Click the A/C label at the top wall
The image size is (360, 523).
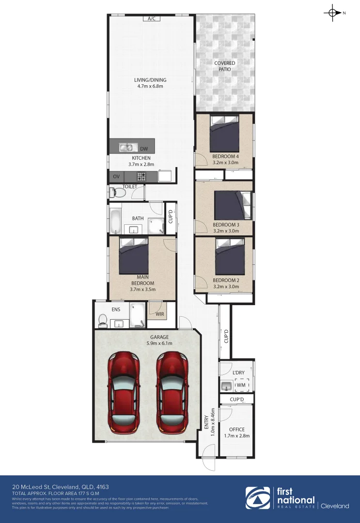coord(151,19)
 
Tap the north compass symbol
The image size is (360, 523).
coord(333,13)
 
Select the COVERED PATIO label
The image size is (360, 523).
coord(224,66)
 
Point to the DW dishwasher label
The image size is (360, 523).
coord(144,149)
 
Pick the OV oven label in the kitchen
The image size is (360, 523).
coord(116,177)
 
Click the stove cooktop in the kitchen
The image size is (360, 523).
coord(141,177)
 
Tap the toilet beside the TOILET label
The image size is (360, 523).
coord(118,193)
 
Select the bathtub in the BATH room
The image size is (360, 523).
coord(116,220)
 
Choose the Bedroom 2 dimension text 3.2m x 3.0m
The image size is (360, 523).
coord(226,287)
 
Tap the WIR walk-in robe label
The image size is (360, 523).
coord(159,314)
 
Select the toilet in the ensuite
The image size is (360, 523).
coord(102,320)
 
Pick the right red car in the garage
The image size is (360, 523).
coord(172,391)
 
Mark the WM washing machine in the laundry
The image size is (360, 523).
coord(241,385)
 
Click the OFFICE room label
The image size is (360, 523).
coord(237,429)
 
